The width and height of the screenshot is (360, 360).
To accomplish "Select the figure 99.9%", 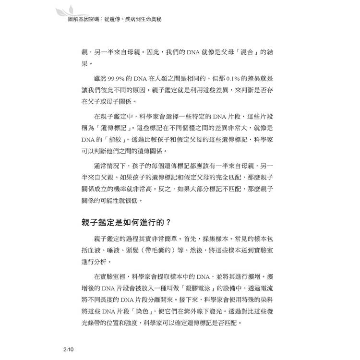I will tap(118, 79).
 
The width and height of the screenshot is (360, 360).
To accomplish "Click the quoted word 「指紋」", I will tap(113, 140).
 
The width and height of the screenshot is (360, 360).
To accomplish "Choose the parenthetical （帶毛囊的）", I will tap(169, 251).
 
